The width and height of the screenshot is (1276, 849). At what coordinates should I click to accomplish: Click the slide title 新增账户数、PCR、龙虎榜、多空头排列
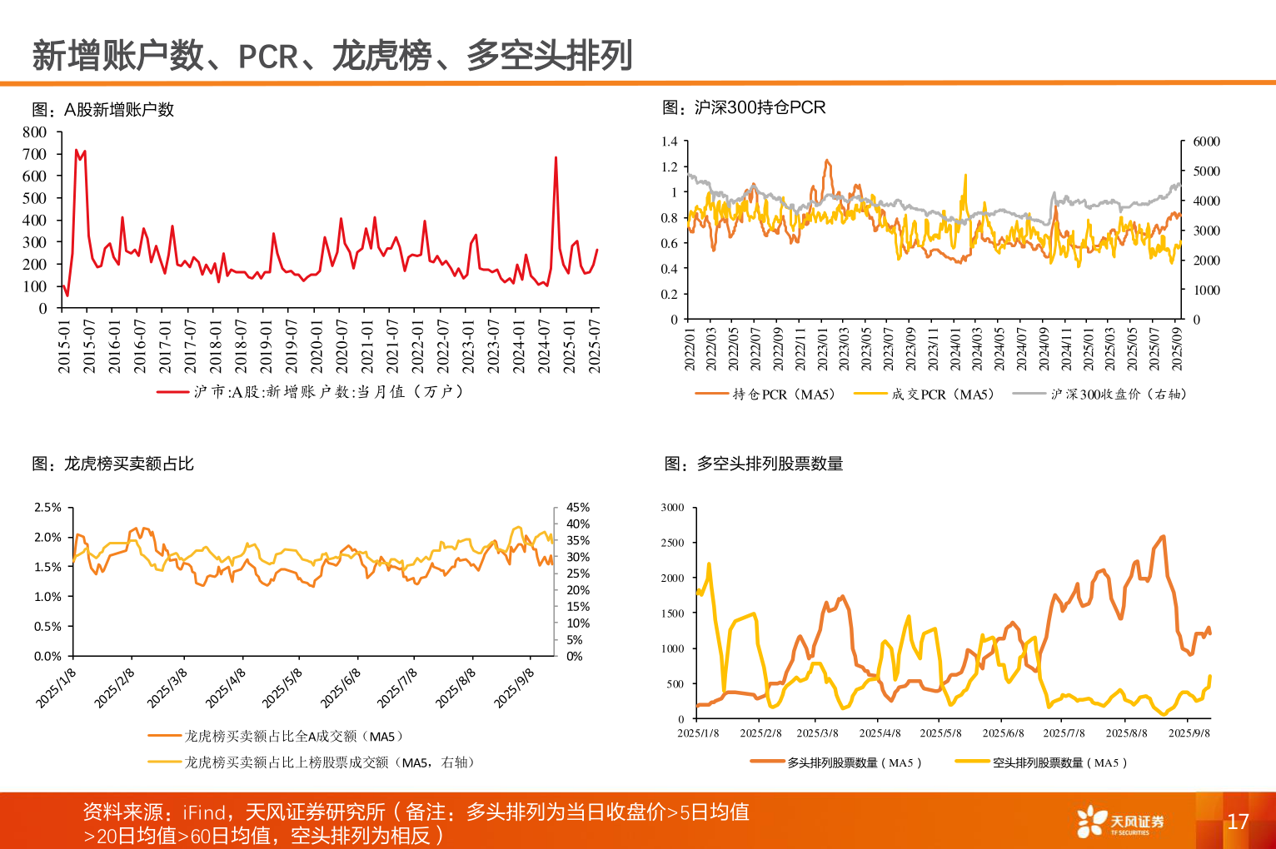[x=331, y=56]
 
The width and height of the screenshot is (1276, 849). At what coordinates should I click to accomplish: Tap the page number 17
[x=1238, y=822]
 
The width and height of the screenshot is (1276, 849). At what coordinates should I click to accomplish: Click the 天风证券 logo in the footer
[x=1119, y=822]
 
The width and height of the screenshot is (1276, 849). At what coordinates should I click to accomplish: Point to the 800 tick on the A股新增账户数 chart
[x=35, y=132]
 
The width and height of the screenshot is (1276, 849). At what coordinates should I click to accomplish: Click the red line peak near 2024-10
[x=556, y=157]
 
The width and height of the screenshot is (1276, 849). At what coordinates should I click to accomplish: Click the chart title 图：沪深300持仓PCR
[x=743, y=107]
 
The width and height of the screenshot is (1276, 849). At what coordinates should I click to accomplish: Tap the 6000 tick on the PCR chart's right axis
[x=1206, y=141]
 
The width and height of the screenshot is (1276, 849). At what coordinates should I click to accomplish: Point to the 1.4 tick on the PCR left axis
[x=669, y=141]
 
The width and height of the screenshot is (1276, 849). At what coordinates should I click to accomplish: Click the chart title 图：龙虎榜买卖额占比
[x=112, y=464]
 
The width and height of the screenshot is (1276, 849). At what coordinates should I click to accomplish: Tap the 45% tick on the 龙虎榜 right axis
[x=578, y=507]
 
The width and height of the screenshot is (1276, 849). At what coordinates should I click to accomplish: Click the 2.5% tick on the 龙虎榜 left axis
[x=47, y=507]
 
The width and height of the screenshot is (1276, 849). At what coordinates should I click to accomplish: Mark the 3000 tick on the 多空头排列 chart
[x=672, y=507]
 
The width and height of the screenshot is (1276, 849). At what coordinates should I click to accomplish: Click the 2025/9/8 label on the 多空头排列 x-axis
[x=1189, y=733]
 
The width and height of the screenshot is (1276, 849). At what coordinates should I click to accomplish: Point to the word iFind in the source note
[x=205, y=812]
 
